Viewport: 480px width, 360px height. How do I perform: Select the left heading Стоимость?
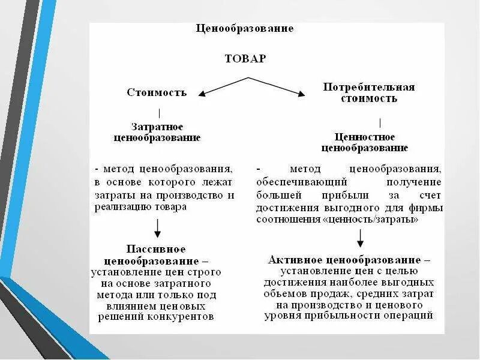pyautogui.click(x=157, y=92)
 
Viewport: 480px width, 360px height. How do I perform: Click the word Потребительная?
pyautogui.click(x=369, y=87)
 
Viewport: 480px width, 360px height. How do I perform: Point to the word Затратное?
pyautogui.click(x=157, y=127)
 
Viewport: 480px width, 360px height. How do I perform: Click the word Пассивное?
pyautogui.click(x=157, y=249)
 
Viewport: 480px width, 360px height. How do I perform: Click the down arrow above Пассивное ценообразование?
pyautogui.click(x=157, y=228)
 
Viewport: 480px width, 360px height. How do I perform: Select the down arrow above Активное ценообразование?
pyautogui.click(x=360, y=239)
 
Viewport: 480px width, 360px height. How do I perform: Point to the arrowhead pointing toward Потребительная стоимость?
pyautogui.click(x=299, y=94)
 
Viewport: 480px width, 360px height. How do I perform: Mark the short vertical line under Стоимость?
pyautogui.click(x=159, y=113)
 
